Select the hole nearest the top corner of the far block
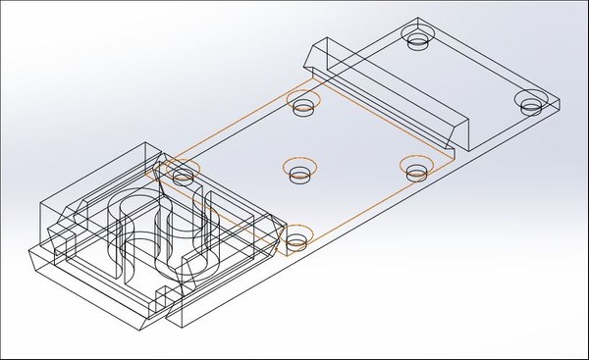tap(418, 40)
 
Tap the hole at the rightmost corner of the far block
tap(533, 103)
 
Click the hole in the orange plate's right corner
tap(417, 169)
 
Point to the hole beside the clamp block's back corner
tap(182, 175)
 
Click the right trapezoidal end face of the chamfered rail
tap(460, 129)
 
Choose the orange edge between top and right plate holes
tap(378, 123)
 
